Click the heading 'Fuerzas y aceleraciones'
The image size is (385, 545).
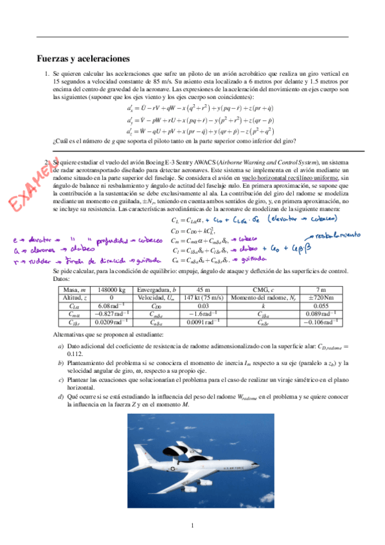click(84, 58)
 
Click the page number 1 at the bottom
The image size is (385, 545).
click(192, 528)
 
